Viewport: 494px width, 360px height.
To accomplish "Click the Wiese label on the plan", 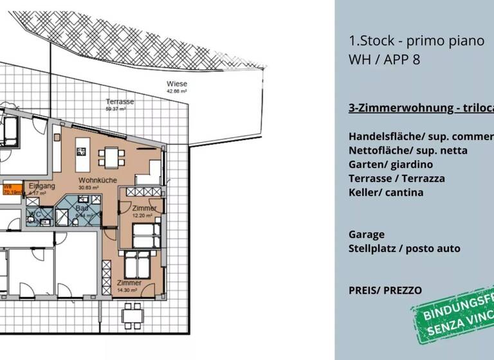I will click(177, 84).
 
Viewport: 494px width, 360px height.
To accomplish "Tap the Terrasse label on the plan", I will click(120, 102).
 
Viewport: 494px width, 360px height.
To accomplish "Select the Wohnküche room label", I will click(98, 181).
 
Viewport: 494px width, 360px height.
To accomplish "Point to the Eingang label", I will click(42, 186).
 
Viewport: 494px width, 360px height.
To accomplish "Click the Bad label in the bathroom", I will click(81, 209).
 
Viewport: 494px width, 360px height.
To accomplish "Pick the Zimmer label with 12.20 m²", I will click(144, 209).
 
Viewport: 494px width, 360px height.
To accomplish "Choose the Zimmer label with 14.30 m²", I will click(129, 283).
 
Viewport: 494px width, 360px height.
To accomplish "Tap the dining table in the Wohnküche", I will click(111, 156).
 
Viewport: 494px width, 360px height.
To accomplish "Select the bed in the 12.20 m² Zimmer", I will click(145, 235).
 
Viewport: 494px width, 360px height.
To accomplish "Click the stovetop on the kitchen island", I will click(82, 152).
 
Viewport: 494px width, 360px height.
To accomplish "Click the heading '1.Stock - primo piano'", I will click(416, 41).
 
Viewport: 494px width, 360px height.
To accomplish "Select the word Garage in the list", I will click(367, 235).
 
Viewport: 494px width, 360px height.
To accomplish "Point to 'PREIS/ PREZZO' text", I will click(385, 290).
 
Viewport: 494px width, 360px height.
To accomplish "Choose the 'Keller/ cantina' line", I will click(386, 192).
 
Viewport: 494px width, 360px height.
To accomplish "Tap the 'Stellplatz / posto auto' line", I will click(405, 249).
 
